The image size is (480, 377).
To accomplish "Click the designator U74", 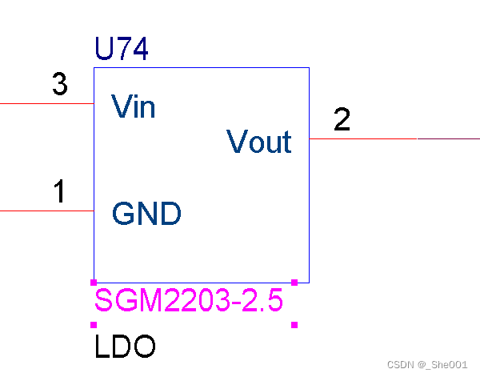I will click(x=121, y=50).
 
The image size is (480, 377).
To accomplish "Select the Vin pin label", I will click(x=134, y=106).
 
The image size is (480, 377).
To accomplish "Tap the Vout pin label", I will click(x=259, y=142).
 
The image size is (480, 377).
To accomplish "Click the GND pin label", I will click(x=146, y=214).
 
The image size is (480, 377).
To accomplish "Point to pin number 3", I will click(x=59, y=85).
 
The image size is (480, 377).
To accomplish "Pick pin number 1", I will click(x=59, y=192).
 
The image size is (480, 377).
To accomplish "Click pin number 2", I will click(x=342, y=120).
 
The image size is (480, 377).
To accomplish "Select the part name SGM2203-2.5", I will click(x=189, y=302).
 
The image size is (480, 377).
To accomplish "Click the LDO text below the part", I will click(x=125, y=347).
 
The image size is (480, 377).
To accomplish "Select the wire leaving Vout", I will click(x=392, y=138).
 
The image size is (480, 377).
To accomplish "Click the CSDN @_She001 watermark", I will click(x=426, y=364).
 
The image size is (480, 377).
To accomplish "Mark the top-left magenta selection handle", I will click(x=94, y=282).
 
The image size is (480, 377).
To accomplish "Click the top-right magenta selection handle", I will click(x=294, y=282).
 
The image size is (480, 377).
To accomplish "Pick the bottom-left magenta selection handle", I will click(x=94, y=324).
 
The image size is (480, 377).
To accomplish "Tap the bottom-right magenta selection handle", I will click(x=294, y=324).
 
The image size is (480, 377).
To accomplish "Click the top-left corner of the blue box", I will click(x=94, y=68).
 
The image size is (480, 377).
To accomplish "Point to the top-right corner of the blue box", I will click(x=309, y=68).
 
